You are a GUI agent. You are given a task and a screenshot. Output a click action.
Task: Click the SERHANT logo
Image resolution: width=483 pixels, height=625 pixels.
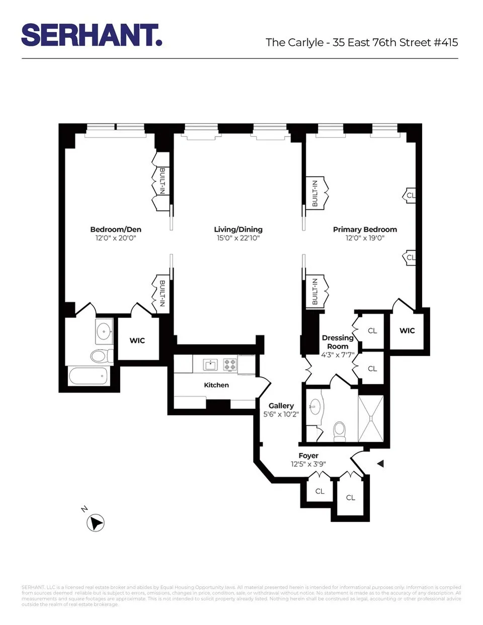[x=91, y=35]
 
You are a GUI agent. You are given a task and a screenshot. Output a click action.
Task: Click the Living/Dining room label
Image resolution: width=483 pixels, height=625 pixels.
[x=238, y=229]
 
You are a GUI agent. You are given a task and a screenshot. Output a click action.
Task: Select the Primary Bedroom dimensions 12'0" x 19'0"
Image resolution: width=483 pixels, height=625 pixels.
[x=365, y=238]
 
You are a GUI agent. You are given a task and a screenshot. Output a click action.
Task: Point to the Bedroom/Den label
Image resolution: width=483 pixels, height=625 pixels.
[x=116, y=229]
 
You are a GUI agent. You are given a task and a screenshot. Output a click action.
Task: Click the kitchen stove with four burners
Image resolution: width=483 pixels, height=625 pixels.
[x=230, y=364]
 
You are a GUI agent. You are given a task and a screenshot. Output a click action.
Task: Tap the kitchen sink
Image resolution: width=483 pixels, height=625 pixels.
[x=210, y=364]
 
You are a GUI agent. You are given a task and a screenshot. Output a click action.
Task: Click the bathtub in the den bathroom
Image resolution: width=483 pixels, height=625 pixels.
[x=89, y=375]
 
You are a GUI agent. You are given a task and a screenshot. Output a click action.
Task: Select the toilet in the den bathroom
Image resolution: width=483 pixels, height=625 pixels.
[x=102, y=356]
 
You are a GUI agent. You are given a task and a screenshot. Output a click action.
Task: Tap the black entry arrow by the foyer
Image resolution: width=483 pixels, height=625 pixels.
[x=381, y=463]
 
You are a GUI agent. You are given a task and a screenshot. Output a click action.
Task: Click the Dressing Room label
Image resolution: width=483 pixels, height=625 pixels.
[x=338, y=342]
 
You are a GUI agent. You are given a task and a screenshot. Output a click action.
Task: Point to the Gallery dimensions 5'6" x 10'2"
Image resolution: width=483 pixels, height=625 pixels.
[x=281, y=415]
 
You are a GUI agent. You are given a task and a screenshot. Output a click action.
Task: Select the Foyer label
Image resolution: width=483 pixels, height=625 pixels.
[x=308, y=456]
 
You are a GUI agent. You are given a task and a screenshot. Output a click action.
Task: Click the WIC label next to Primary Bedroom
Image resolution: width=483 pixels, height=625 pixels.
[x=407, y=331]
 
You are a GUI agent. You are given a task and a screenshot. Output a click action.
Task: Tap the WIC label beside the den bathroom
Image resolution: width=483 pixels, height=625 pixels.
[x=137, y=341]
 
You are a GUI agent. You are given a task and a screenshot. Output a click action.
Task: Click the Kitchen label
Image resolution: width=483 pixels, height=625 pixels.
[x=216, y=385]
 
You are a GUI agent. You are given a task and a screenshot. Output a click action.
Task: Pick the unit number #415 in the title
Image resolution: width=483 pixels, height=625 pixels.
[x=446, y=42]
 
